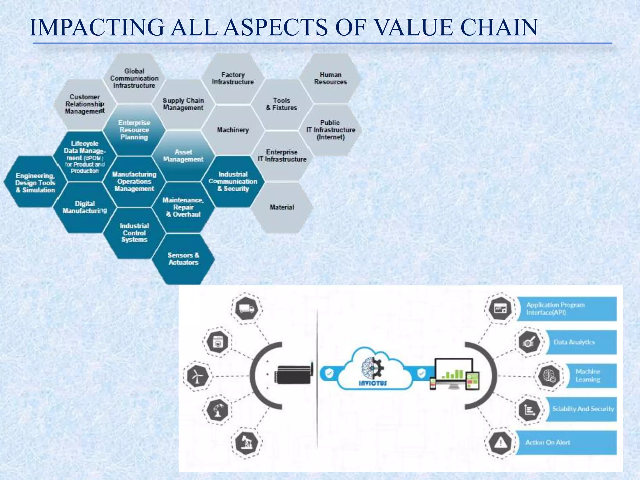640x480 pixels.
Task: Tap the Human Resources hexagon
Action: point(330,78)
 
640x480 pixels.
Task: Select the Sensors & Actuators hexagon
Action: point(183,259)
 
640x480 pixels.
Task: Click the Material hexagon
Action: point(282,207)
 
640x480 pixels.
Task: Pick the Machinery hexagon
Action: point(233,130)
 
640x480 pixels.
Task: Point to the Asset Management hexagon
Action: point(183,156)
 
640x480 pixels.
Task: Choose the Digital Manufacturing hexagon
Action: point(85,207)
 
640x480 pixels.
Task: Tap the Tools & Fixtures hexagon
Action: point(282,104)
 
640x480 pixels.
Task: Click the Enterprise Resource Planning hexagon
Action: point(134,130)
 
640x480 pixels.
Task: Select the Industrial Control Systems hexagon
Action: point(134,233)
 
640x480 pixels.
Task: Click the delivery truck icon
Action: point(247,309)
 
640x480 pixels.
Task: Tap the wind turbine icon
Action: point(196,376)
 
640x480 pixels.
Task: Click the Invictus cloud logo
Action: point(372,370)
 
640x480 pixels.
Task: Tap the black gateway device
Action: point(293,374)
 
